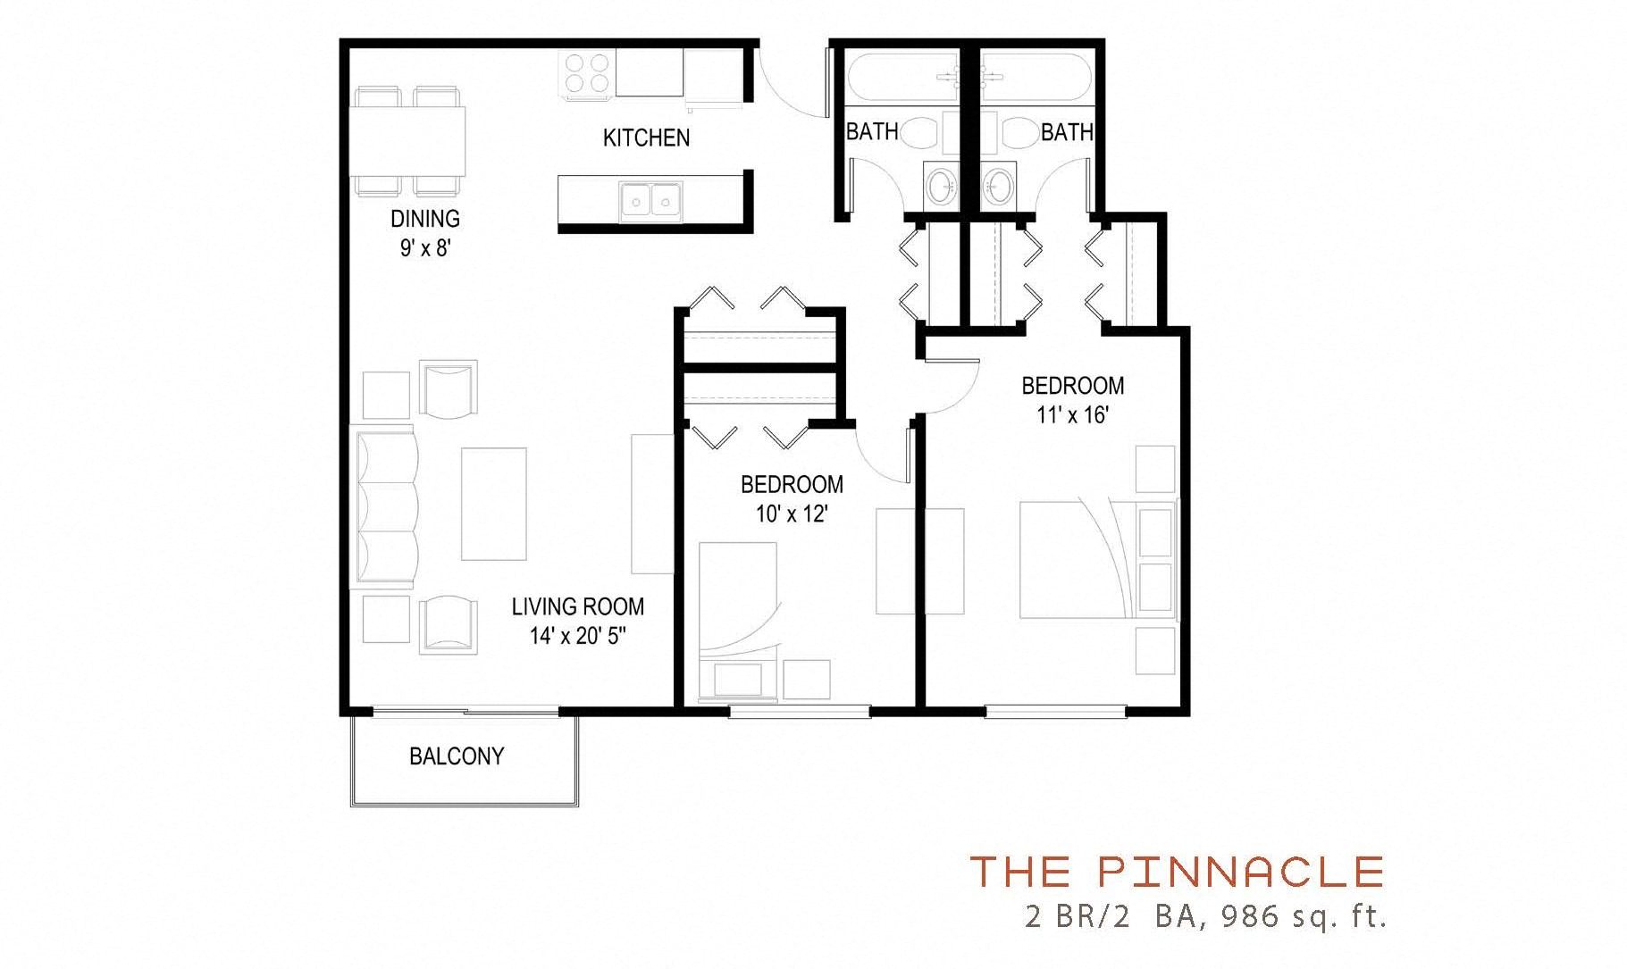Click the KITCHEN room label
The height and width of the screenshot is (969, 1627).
click(646, 138)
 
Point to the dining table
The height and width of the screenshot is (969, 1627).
click(409, 141)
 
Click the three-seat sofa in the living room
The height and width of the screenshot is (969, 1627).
click(387, 506)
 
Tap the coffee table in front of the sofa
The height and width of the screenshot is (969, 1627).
click(493, 503)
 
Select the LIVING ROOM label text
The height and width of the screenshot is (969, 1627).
click(577, 607)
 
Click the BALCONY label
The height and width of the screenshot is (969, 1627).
click(456, 756)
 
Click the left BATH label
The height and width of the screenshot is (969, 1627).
click(871, 132)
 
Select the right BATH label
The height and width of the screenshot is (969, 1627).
click(1066, 132)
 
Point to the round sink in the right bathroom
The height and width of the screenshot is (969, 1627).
click(998, 187)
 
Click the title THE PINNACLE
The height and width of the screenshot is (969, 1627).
click(1177, 871)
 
